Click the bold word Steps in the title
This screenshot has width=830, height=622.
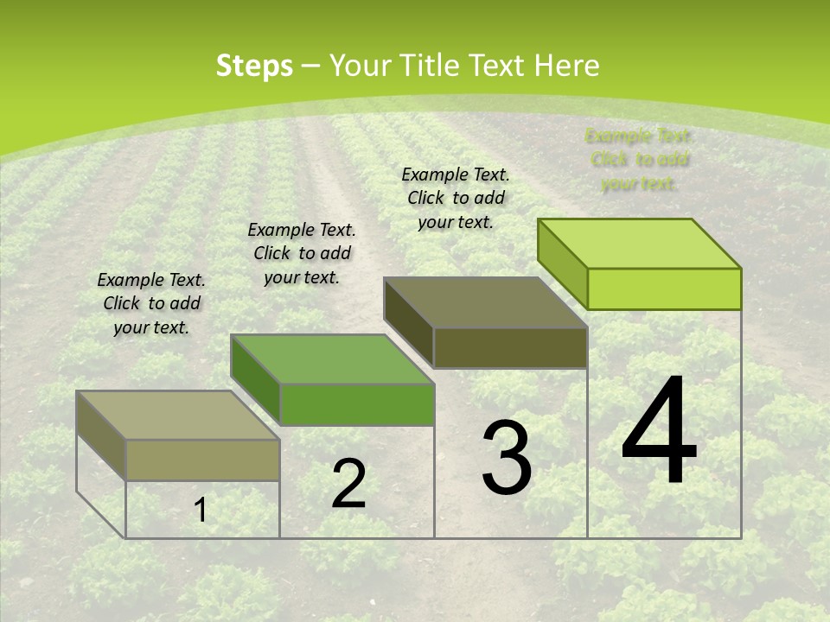[254, 66]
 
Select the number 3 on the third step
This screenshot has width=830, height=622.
[507, 457]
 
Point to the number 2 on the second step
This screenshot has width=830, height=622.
[348, 484]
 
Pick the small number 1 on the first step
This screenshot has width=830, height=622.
[201, 511]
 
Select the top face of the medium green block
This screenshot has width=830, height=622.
[333, 359]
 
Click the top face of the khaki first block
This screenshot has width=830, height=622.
[178, 416]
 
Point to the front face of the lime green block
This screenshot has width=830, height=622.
[664, 289]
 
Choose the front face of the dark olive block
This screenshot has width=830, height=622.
[510, 347]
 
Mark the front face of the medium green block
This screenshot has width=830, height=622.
[357, 404]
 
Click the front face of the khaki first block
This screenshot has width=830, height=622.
[203, 460]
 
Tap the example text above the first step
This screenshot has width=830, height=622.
[151, 303]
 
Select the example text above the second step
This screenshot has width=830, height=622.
[302, 253]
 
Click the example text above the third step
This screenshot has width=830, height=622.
[456, 198]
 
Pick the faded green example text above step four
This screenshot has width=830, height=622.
[640, 159]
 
